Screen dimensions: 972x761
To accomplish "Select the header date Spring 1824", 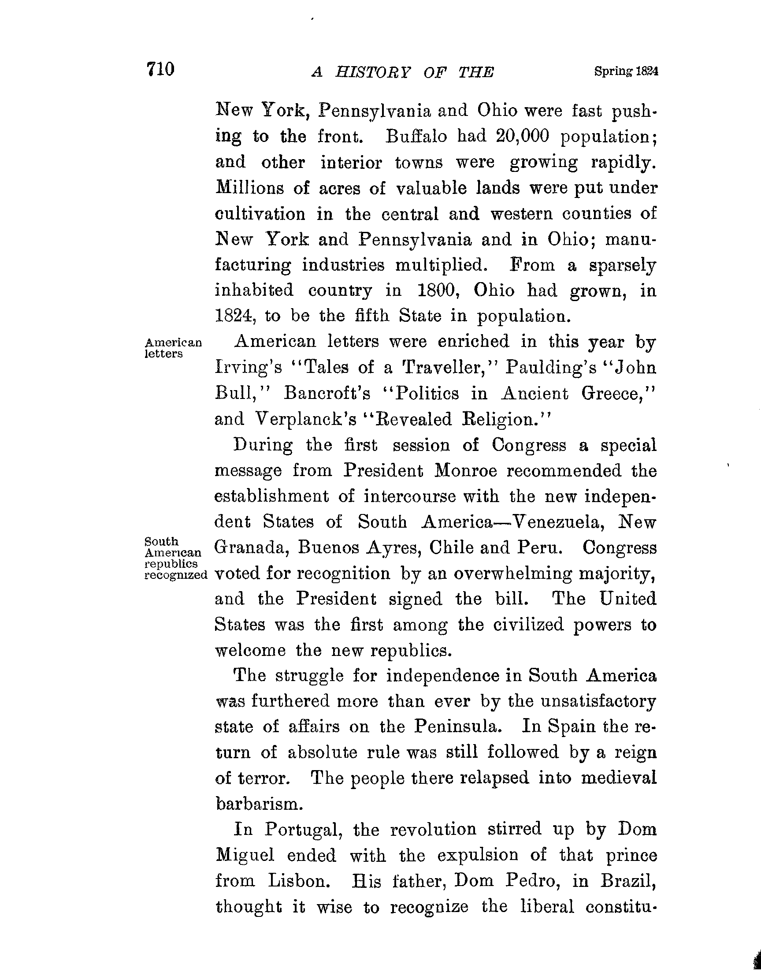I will pyautogui.click(x=626, y=71).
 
